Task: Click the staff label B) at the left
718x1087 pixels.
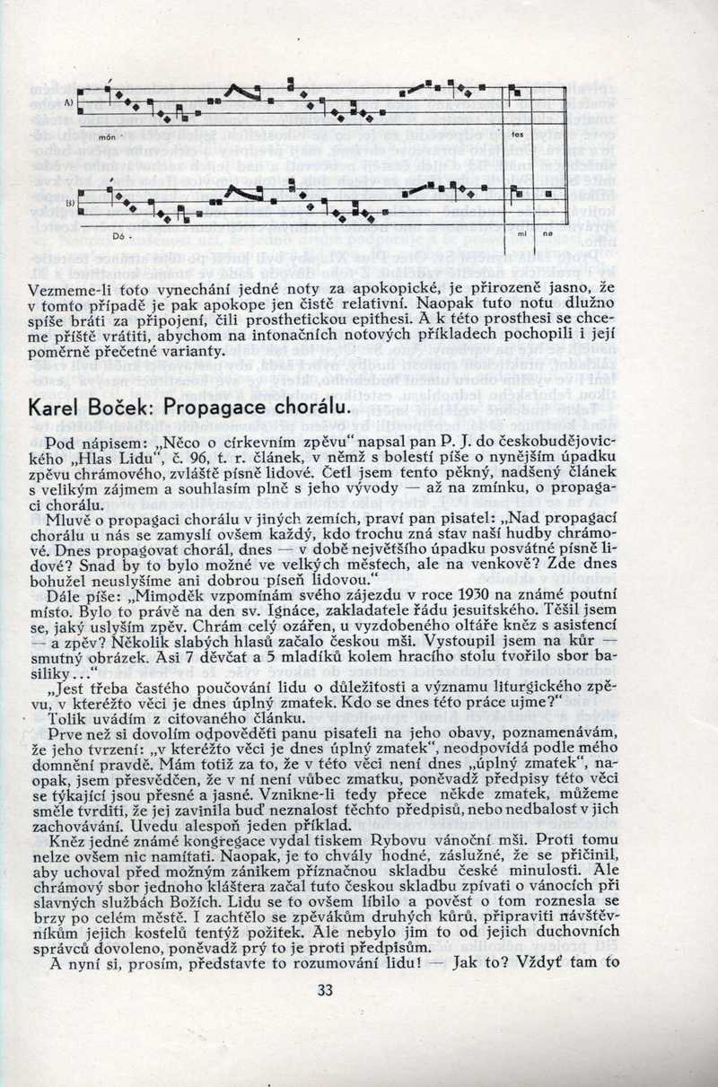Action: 70,204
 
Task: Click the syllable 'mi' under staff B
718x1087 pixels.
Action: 521,232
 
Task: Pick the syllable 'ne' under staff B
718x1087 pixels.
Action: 547,232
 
